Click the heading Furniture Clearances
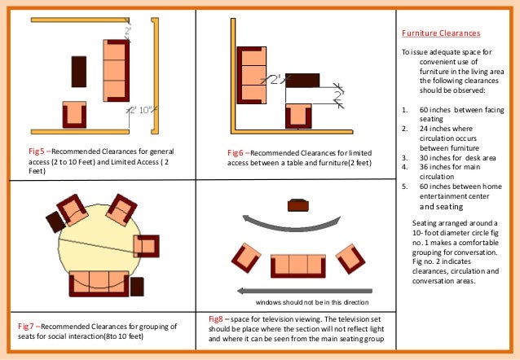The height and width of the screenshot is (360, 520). click(440, 33)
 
